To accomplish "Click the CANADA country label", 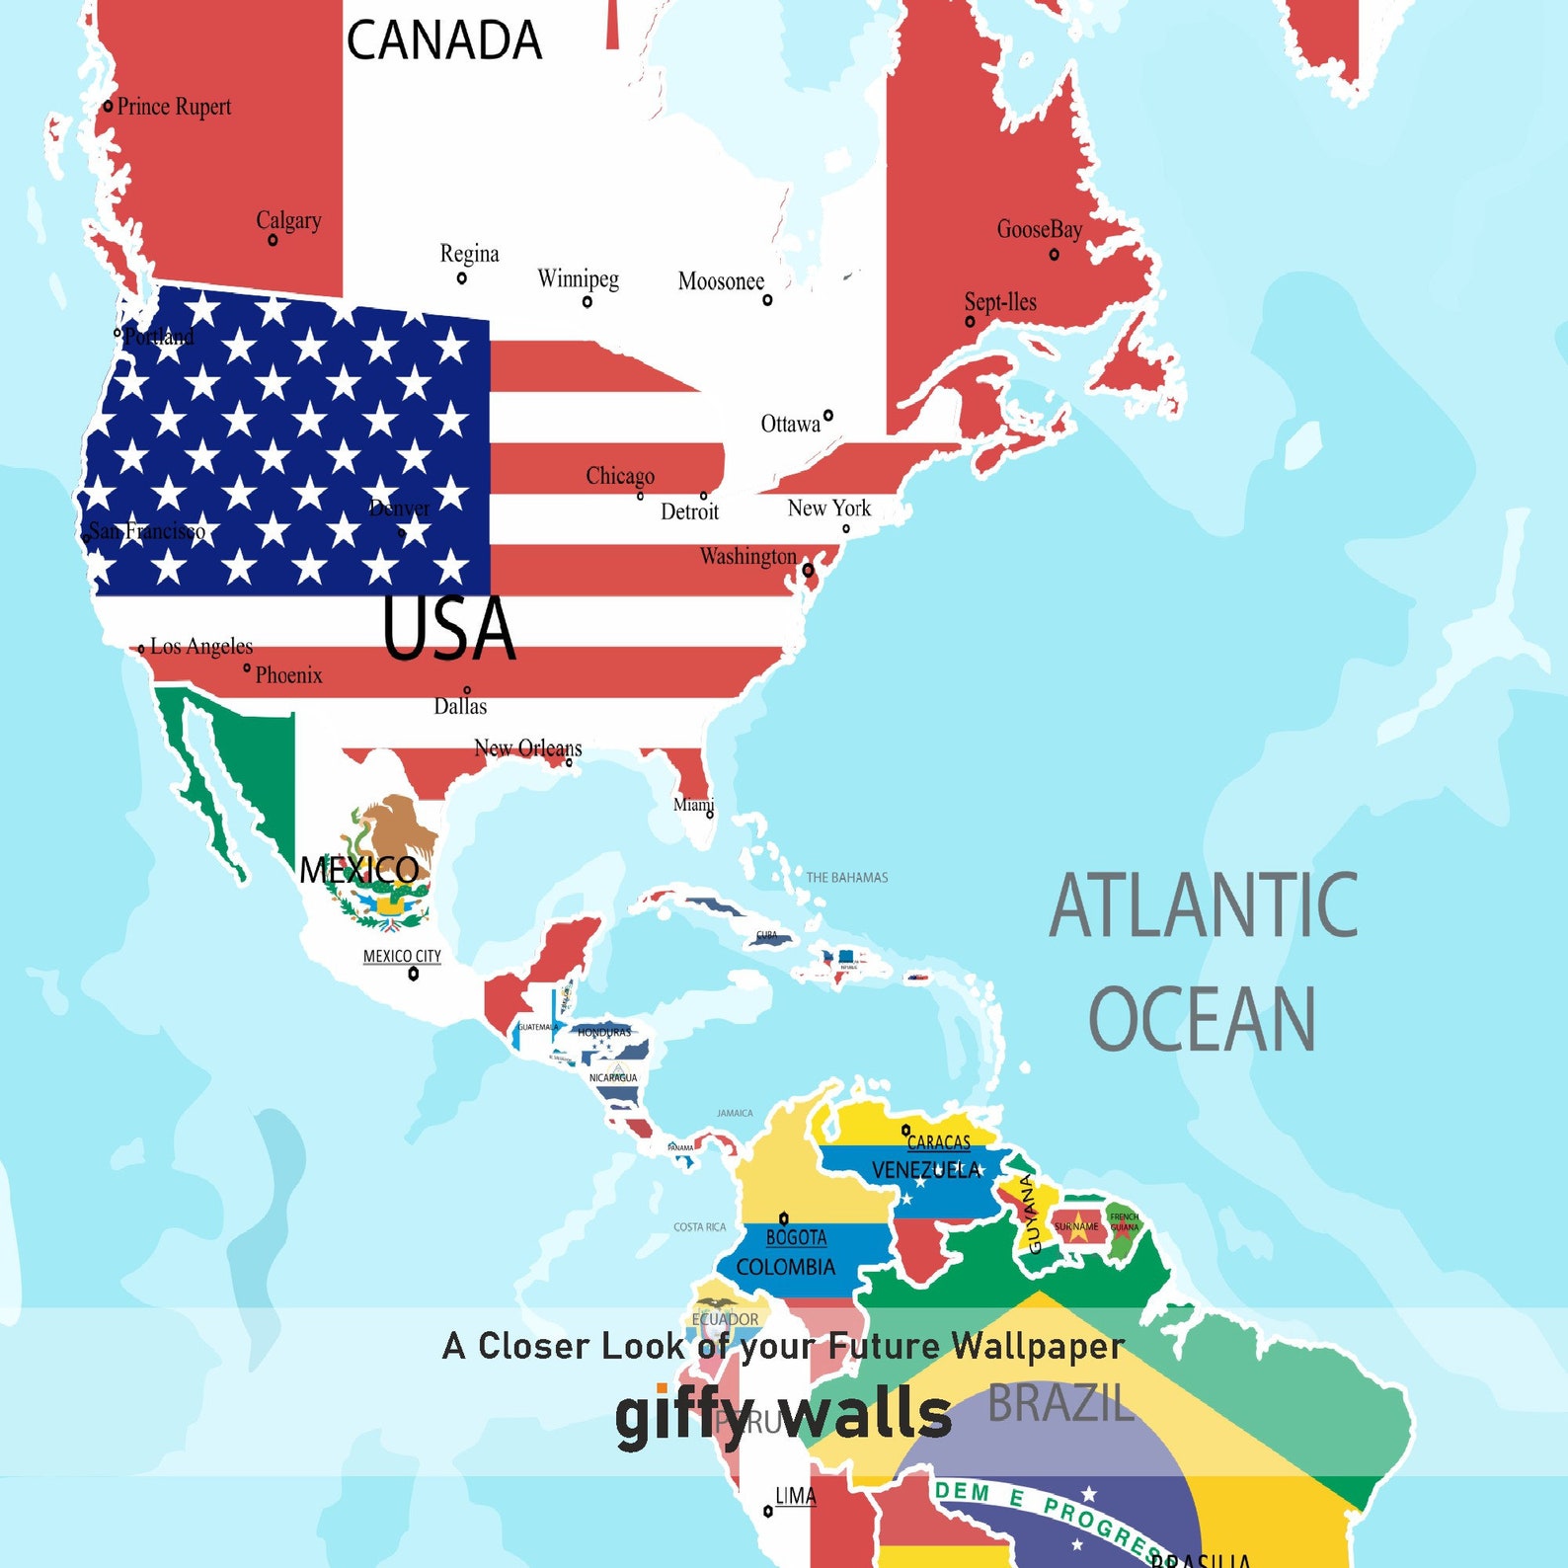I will (x=443, y=41).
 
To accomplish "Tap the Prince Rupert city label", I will (x=174, y=107).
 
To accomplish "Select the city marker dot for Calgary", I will (x=273, y=240).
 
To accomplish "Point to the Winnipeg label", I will (x=578, y=278).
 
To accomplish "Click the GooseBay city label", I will (x=1039, y=230).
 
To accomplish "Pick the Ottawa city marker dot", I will (x=827, y=416).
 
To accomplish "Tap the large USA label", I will (x=448, y=629).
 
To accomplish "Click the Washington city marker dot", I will (x=808, y=570).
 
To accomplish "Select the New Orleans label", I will (x=527, y=747).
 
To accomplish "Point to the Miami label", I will (x=692, y=804).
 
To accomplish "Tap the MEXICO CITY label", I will (x=401, y=956).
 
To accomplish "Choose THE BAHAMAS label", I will (x=846, y=877).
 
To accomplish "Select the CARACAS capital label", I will (x=938, y=1142).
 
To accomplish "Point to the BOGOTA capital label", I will (x=796, y=1237).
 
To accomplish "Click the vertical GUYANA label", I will (x=1030, y=1214).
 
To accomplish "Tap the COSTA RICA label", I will (x=699, y=1226).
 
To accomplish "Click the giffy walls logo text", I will (x=783, y=1414).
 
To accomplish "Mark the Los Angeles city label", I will (x=201, y=647).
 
